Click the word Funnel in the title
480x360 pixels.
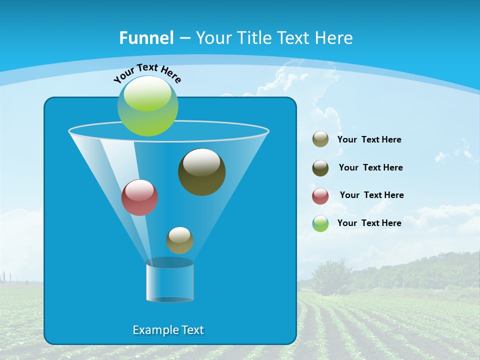[x=146, y=37]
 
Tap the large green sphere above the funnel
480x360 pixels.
[x=148, y=105]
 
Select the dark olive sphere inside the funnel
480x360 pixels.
[x=201, y=172]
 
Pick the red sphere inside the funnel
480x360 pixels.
[x=139, y=198]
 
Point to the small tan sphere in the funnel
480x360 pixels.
[x=179, y=240]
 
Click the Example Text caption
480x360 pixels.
[x=168, y=330]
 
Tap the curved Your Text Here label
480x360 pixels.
[x=147, y=72]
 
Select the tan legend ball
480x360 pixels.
[x=320, y=139]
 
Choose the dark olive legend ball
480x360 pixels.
[x=320, y=168]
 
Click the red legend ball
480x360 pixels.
[x=320, y=196]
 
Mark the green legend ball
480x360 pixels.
[x=320, y=223]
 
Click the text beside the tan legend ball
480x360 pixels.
[x=369, y=139]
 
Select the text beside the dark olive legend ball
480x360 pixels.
[x=370, y=167]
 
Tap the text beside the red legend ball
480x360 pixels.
[x=371, y=195]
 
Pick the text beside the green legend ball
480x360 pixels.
[x=369, y=223]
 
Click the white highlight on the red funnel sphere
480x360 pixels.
[x=139, y=190]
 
